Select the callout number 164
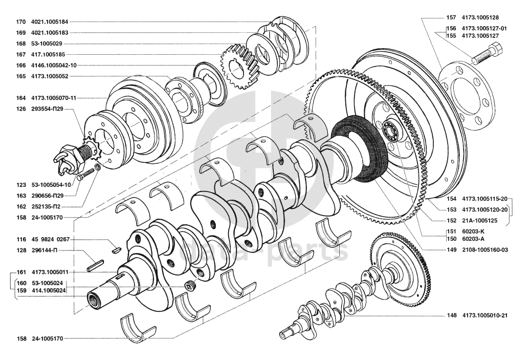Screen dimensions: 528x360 20,97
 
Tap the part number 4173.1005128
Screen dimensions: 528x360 480,17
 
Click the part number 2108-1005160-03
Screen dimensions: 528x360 485,250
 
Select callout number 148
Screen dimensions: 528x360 451,315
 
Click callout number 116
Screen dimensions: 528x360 20,239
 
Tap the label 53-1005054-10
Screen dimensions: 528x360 52,184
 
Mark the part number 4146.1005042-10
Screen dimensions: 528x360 54,65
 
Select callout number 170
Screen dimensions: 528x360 20,22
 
